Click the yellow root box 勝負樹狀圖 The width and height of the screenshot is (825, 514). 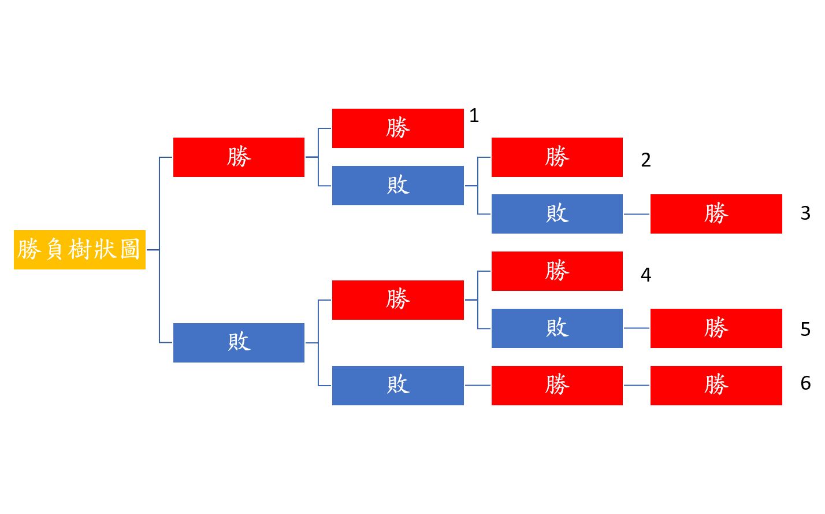pos(79,250)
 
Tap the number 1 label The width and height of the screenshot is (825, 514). pos(474,116)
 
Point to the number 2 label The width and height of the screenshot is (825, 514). pos(646,160)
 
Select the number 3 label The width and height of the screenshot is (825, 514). pos(805,213)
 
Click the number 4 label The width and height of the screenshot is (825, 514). pos(646,275)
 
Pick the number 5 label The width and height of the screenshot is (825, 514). pos(805,330)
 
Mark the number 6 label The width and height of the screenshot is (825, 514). pos(805,383)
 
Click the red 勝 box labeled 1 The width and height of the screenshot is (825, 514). pos(397,128)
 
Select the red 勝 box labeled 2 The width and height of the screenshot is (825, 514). pos(557,157)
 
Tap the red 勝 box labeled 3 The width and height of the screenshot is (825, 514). pos(716,214)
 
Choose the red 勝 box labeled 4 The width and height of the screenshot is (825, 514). pos(557,271)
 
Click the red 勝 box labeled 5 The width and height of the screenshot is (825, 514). pos(716,328)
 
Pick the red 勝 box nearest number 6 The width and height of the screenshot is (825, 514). pos(716,385)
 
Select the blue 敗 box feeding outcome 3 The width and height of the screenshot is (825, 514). pos(557,214)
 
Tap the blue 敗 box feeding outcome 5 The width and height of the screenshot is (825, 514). pos(557,328)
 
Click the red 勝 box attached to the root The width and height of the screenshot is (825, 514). pos(239,157)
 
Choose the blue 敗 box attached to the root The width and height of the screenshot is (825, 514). pos(239,343)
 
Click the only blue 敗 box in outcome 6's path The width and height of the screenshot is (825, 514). pos(397,385)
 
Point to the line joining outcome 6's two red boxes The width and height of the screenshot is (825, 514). pos(637,385)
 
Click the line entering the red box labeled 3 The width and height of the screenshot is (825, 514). pos(637,214)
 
